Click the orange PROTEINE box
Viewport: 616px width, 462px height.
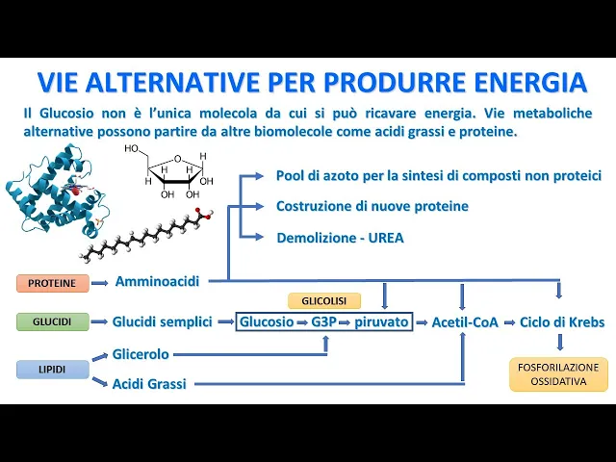coord(52,283)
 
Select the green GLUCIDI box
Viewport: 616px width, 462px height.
coord(52,321)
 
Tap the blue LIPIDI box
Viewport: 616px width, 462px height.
coord(52,370)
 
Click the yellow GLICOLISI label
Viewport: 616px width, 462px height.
coord(323,301)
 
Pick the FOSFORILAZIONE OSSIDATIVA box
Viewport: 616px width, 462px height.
coord(558,374)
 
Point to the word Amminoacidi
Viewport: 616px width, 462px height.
coord(157,281)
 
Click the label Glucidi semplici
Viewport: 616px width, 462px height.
coord(162,321)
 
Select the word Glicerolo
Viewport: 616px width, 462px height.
coord(141,354)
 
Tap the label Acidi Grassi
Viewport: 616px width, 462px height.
coord(149,384)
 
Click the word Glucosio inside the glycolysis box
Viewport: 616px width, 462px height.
coord(267,321)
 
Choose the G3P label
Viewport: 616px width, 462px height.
coord(323,321)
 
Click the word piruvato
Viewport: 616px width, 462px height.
coord(381,321)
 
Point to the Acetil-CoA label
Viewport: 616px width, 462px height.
coord(465,322)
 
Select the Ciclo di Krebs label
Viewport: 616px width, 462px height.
coord(562,322)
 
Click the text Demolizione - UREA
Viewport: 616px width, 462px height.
coord(340,237)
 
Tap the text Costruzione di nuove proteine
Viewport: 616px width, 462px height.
coord(372,206)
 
